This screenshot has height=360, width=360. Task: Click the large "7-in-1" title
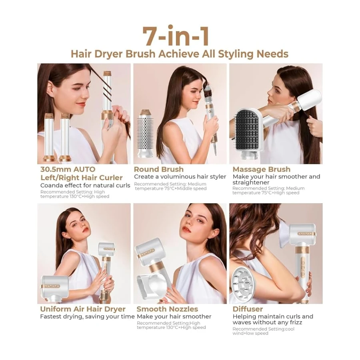point(176,36)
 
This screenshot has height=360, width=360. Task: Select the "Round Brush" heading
point(159,169)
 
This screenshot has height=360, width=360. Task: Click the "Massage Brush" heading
point(262,169)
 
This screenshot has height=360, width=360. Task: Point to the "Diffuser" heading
point(248,309)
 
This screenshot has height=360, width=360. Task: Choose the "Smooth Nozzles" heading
point(167,309)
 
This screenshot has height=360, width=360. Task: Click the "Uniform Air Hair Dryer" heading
point(83,309)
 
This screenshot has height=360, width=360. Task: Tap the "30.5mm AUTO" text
point(68,170)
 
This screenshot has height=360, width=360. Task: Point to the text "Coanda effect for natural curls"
point(85,185)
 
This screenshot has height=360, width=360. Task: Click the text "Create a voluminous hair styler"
point(180,177)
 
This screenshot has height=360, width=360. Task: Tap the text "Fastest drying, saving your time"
point(87,317)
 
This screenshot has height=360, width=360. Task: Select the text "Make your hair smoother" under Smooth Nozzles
point(174,317)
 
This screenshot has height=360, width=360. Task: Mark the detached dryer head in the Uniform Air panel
point(55,288)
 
